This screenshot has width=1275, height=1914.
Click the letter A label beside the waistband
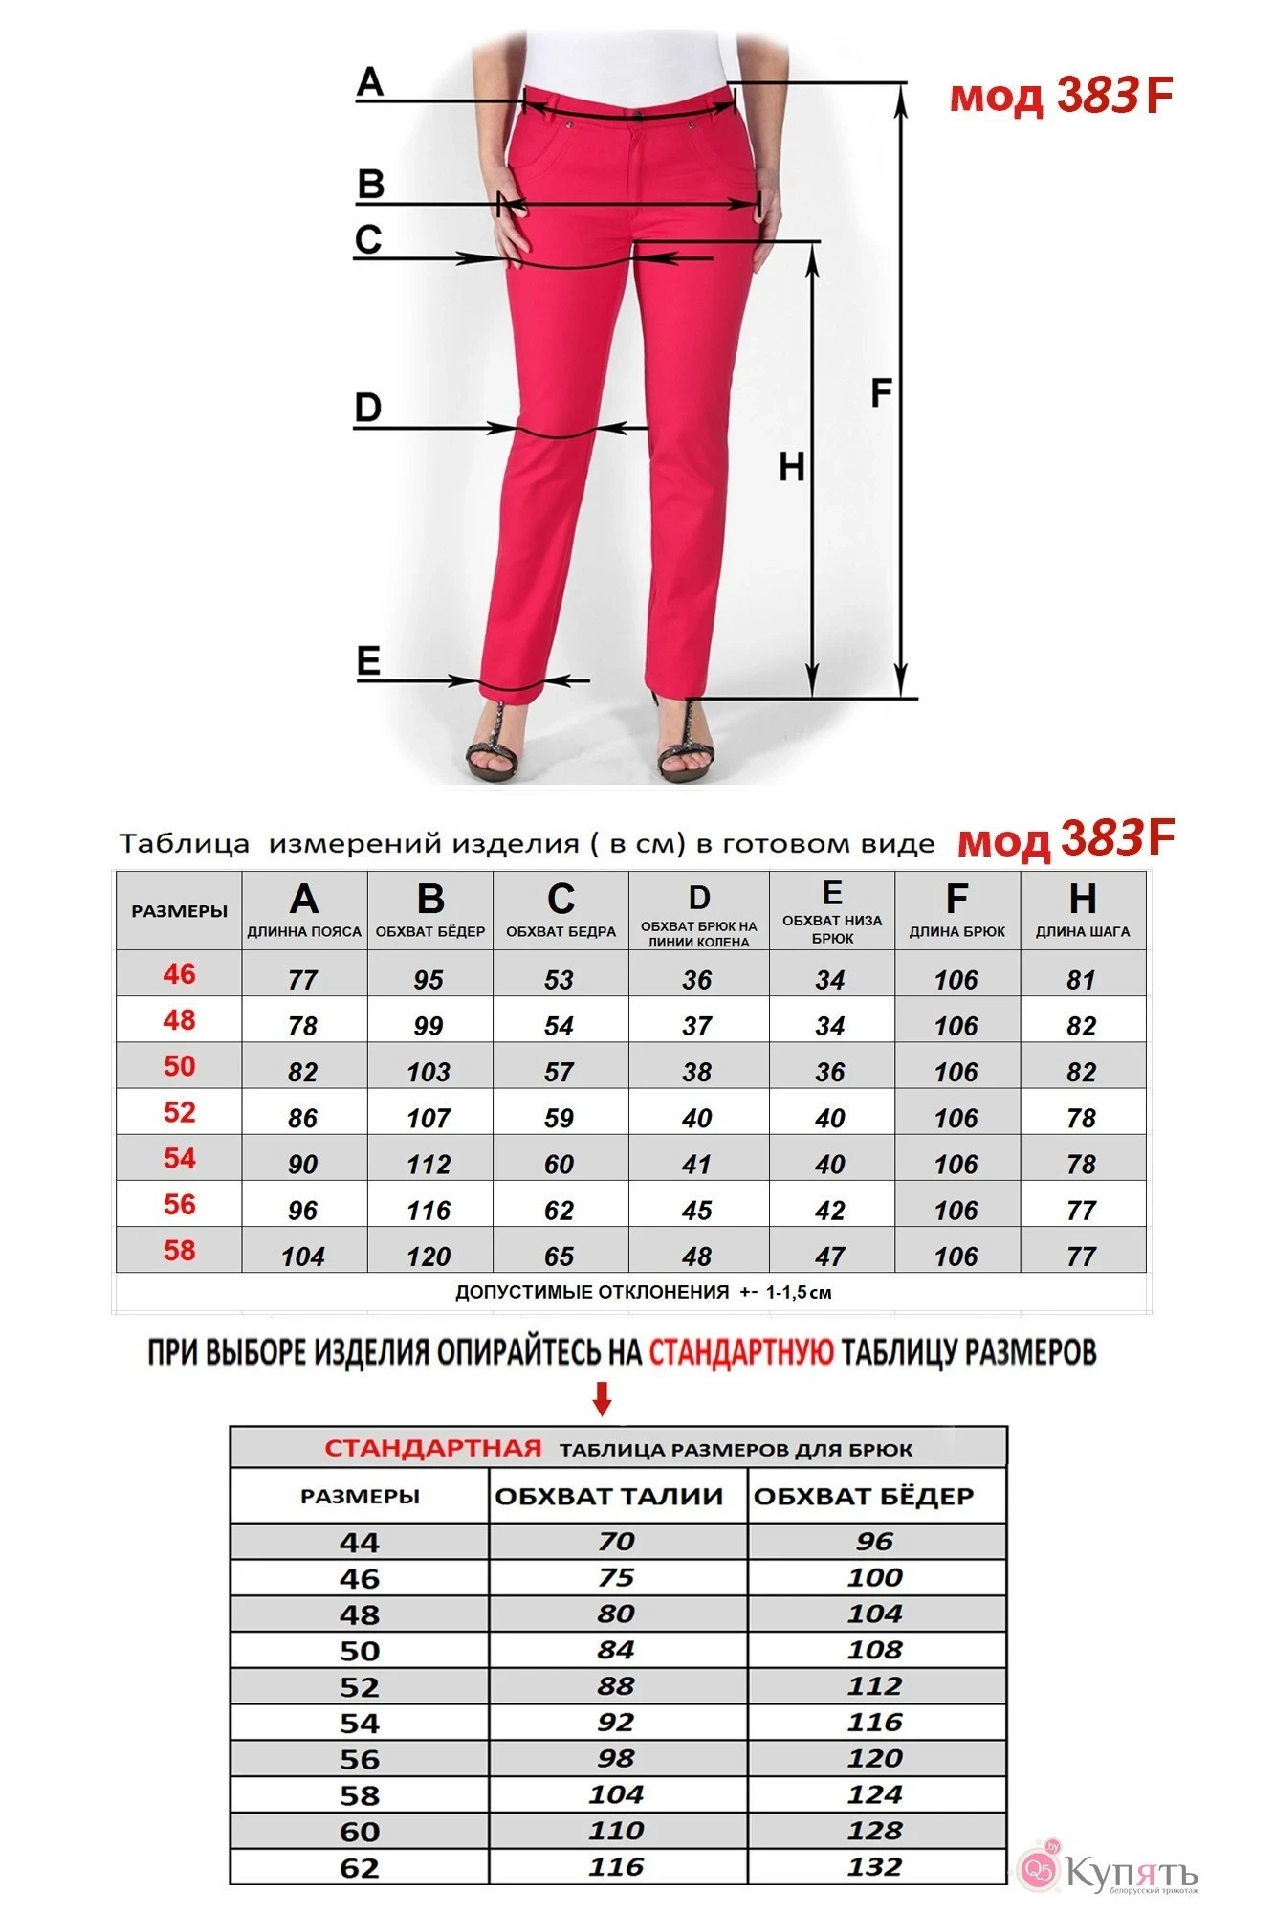pyautogui.click(x=369, y=82)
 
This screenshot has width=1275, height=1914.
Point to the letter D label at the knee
pyautogui.click(x=367, y=408)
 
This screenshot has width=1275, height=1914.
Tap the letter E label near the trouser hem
pyautogui.click(x=368, y=661)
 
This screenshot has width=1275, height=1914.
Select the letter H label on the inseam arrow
pyautogui.click(x=791, y=467)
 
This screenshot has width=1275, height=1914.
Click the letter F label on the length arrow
pyautogui.click(x=881, y=392)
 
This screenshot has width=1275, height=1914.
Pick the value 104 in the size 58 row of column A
pyautogui.click(x=303, y=1257)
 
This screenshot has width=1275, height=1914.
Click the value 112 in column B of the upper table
pyautogui.click(x=429, y=1165)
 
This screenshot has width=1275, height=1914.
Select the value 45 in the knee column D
pyautogui.click(x=697, y=1211)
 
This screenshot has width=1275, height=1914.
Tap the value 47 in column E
pyautogui.click(x=830, y=1257)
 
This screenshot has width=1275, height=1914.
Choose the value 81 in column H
pyautogui.click(x=1082, y=980)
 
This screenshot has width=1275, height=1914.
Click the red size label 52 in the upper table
pyautogui.click(x=179, y=1112)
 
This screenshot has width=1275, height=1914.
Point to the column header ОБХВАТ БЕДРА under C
pyautogui.click(x=561, y=931)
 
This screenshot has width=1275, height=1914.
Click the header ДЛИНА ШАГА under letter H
pyautogui.click(x=1083, y=931)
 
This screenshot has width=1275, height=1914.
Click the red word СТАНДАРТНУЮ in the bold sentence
pyautogui.click(x=740, y=1352)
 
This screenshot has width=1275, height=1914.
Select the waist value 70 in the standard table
pyautogui.click(x=617, y=1541)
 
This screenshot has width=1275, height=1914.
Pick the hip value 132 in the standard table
pyautogui.click(x=875, y=1866)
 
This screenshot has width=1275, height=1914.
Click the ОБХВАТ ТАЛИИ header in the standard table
pyautogui.click(x=608, y=1496)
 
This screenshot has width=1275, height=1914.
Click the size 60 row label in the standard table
pyautogui.click(x=360, y=1832)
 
